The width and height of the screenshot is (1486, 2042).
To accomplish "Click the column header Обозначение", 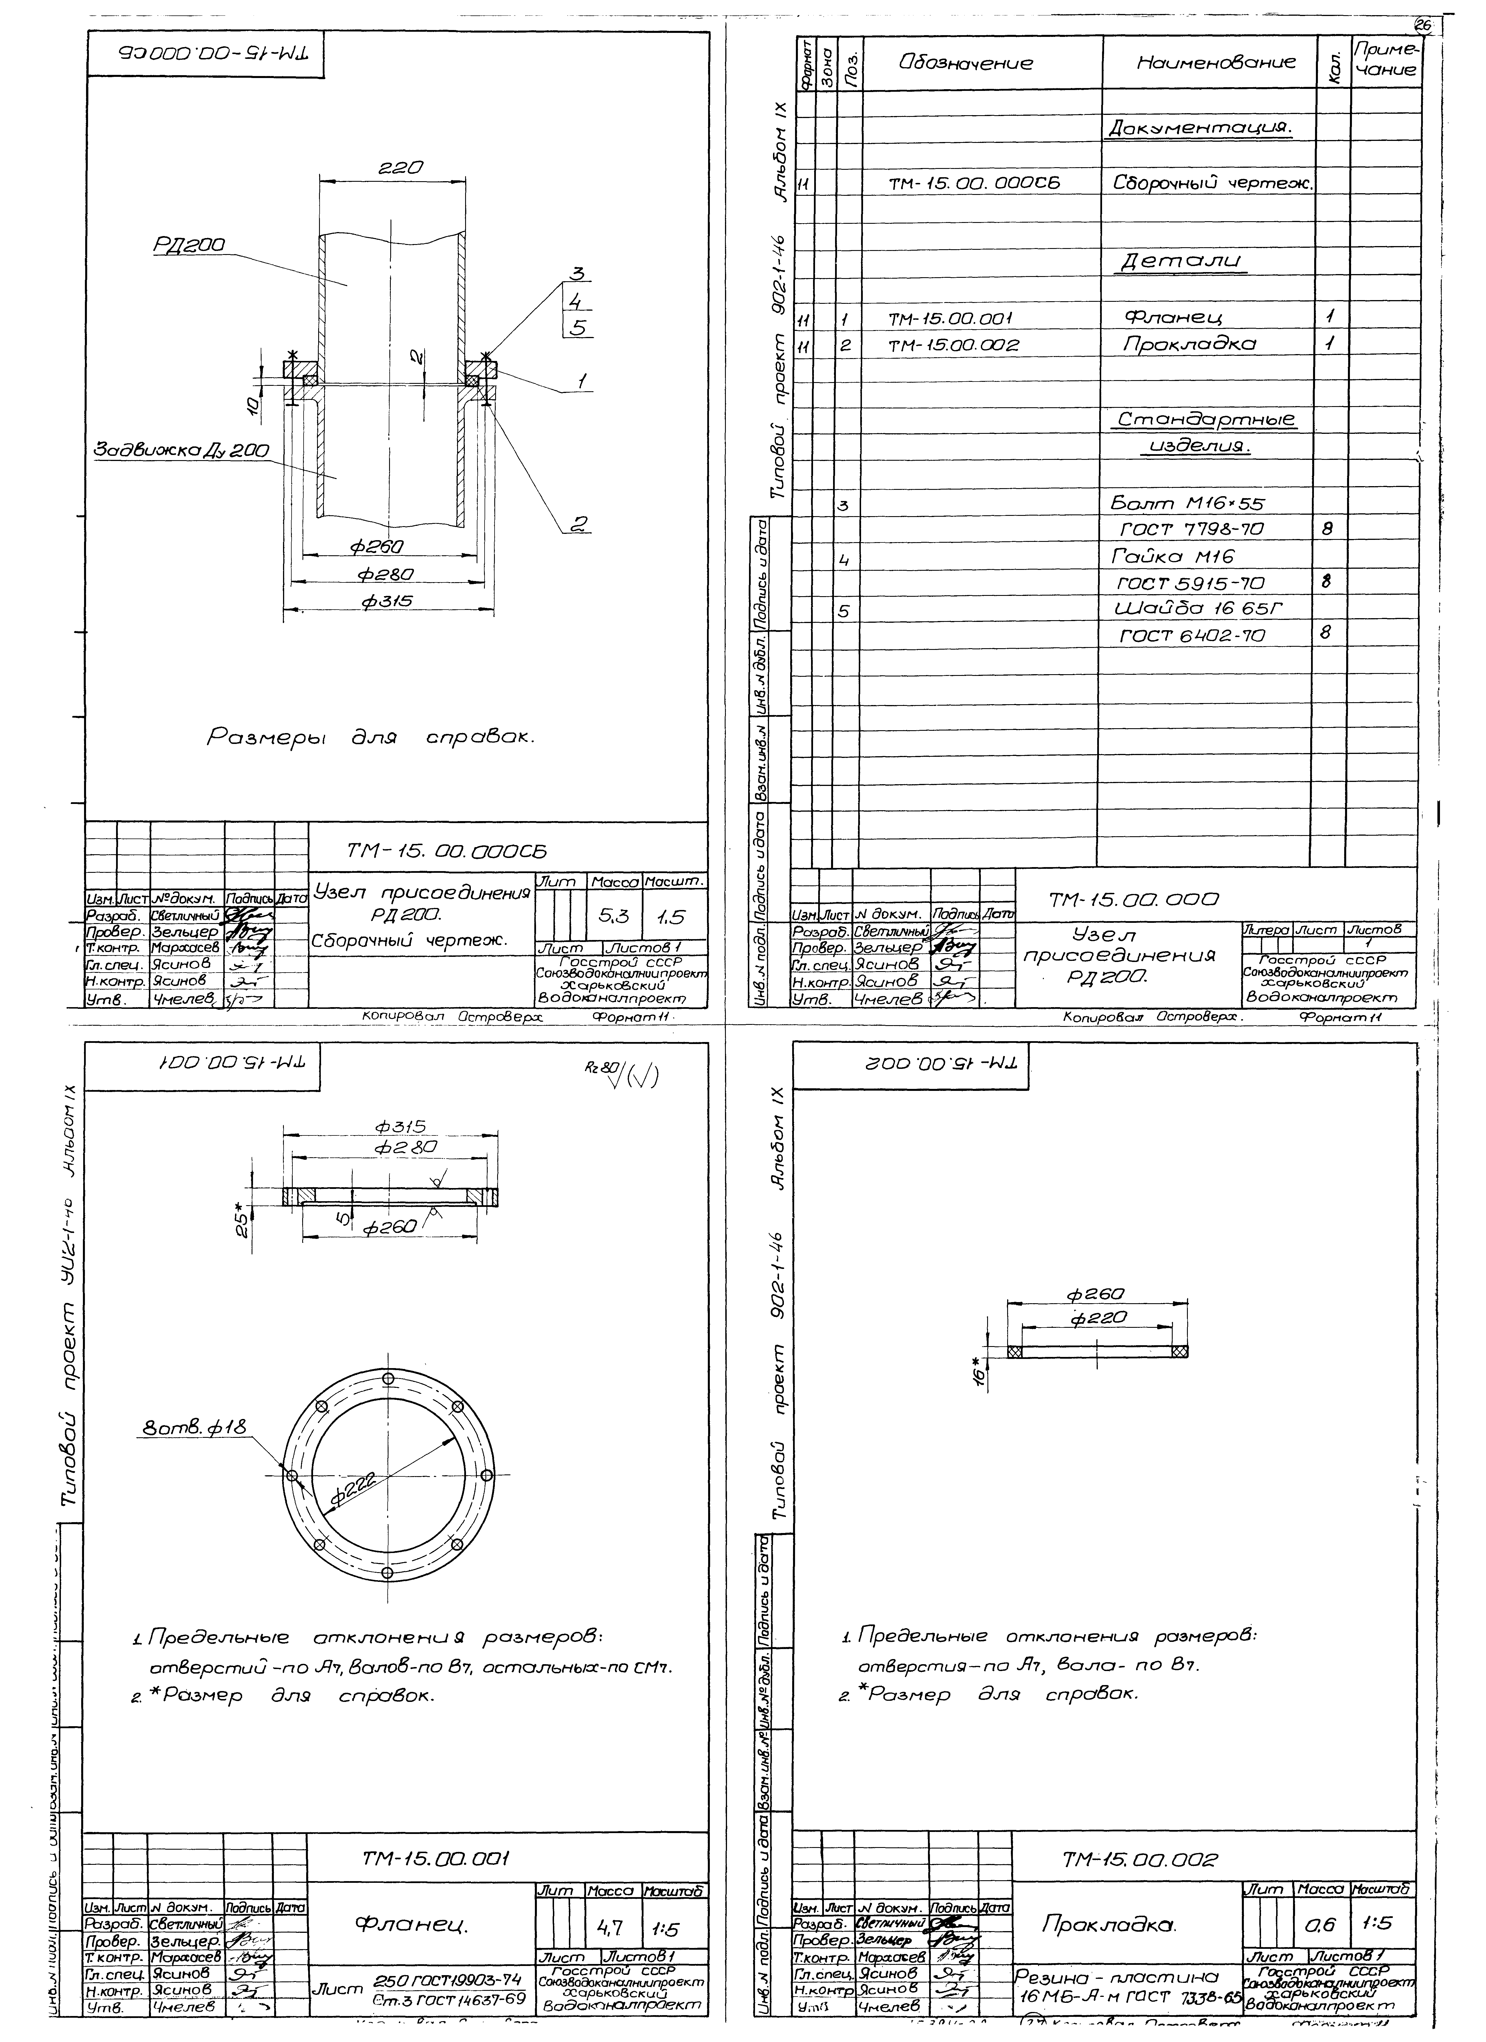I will coord(965,63).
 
